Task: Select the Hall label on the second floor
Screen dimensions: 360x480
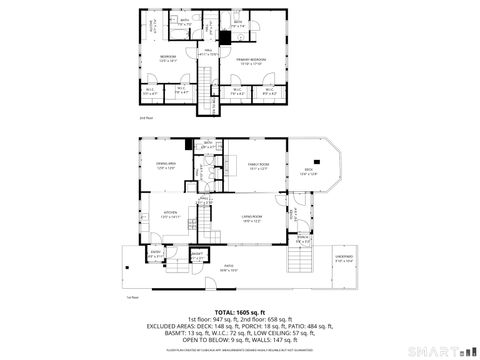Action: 207,52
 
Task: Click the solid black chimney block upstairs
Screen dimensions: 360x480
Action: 225,37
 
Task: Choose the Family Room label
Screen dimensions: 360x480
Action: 259,165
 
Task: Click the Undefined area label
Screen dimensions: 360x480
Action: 345,258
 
